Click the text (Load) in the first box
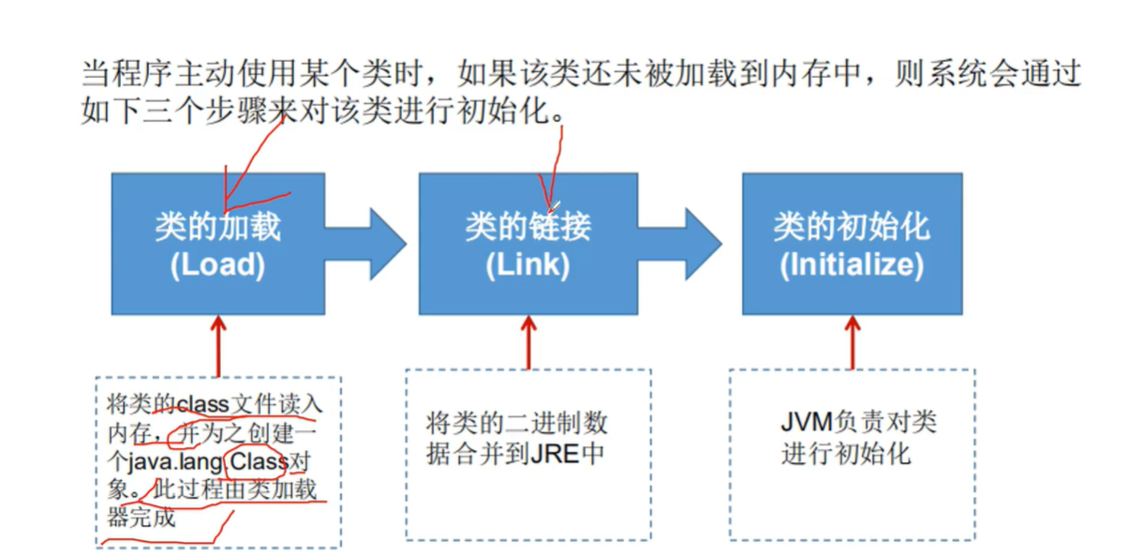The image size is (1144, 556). pyautogui.click(x=217, y=264)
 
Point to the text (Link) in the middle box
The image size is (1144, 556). pyautogui.click(x=527, y=264)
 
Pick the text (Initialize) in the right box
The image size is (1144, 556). pyautogui.click(x=852, y=264)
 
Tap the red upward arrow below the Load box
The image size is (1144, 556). pyautogui.click(x=218, y=345)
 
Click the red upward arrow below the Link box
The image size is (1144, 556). pyautogui.click(x=528, y=341)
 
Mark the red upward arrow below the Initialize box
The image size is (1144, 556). pyautogui.click(x=853, y=341)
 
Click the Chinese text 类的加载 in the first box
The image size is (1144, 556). pyautogui.click(x=217, y=227)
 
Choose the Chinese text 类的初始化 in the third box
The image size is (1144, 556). pyautogui.click(x=852, y=227)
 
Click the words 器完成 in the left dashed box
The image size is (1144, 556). pyautogui.click(x=141, y=517)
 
